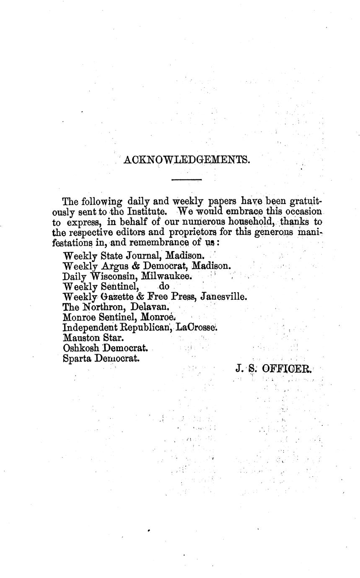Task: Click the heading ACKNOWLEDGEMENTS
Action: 186,160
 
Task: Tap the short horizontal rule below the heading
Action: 186,180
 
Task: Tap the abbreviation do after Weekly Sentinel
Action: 163,287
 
